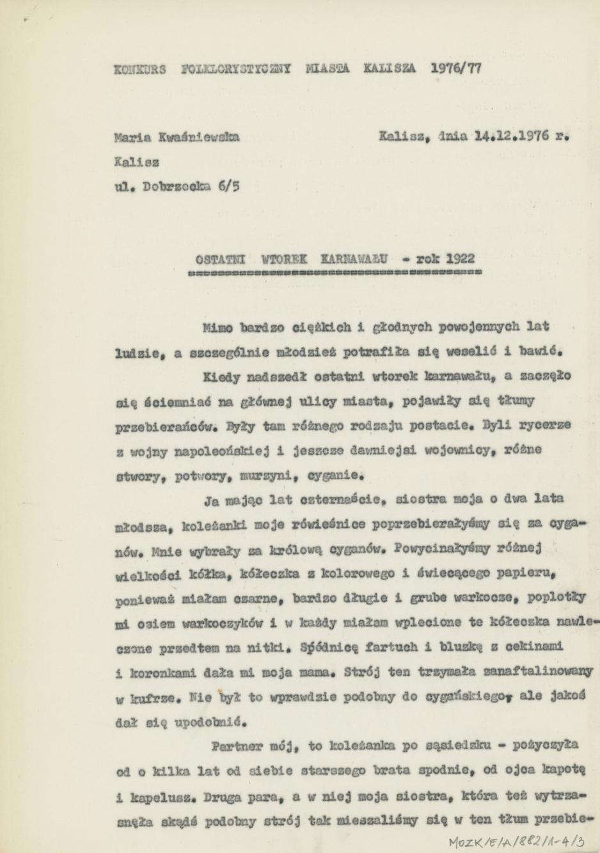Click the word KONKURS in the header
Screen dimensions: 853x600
139,68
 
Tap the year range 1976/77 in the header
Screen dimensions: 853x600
457,67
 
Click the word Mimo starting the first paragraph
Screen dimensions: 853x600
217,327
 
